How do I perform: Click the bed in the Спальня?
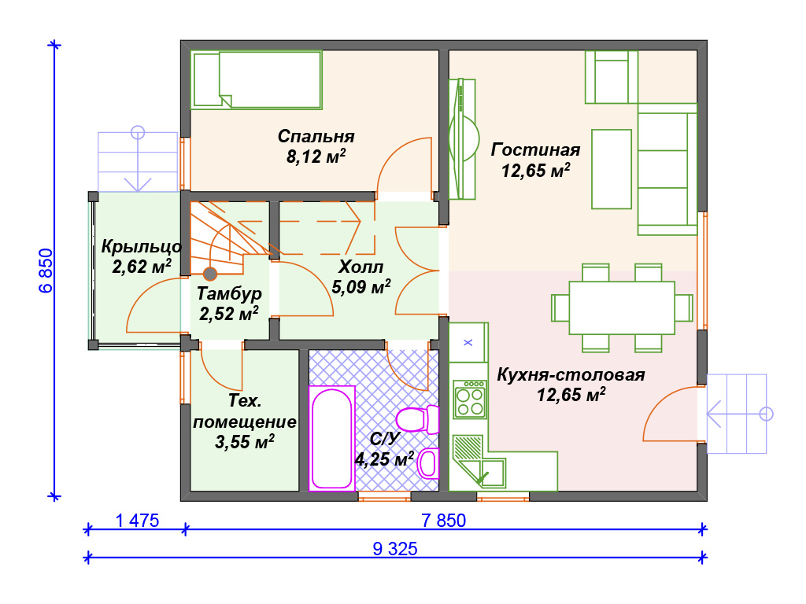pyautogui.click(x=256, y=79)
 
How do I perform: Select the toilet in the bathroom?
pyautogui.click(x=417, y=418)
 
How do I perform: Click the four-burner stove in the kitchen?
pyautogui.click(x=471, y=399)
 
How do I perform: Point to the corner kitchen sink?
pyautogui.click(x=478, y=462)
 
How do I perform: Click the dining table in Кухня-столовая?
pyautogui.click(x=622, y=308)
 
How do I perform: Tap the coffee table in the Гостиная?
pyautogui.click(x=611, y=169)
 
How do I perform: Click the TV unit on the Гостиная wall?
pyautogui.click(x=462, y=138)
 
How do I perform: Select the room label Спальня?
pyautogui.click(x=316, y=136)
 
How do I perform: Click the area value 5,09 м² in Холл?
pyautogui.click(x=360, y=286)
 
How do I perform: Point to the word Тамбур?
pyautogui.click(x=229, y=293)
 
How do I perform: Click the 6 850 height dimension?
pyautogui.click(x=46, y=271)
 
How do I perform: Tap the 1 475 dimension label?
pyautogui.click(x=137, y=521)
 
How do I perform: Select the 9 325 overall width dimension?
pyautogui.click(x=395, y=548)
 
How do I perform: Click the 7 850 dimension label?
pyautogui.click(x=444, y=521)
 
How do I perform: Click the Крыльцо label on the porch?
pyautogui.click(x=142, y=246)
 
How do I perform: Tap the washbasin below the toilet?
pyautogui.click(x=428, y=463)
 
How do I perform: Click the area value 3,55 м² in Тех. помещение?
pyautogui.click(x=244, y=442)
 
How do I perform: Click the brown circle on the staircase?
pyautogui.click(x=209, y=274)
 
